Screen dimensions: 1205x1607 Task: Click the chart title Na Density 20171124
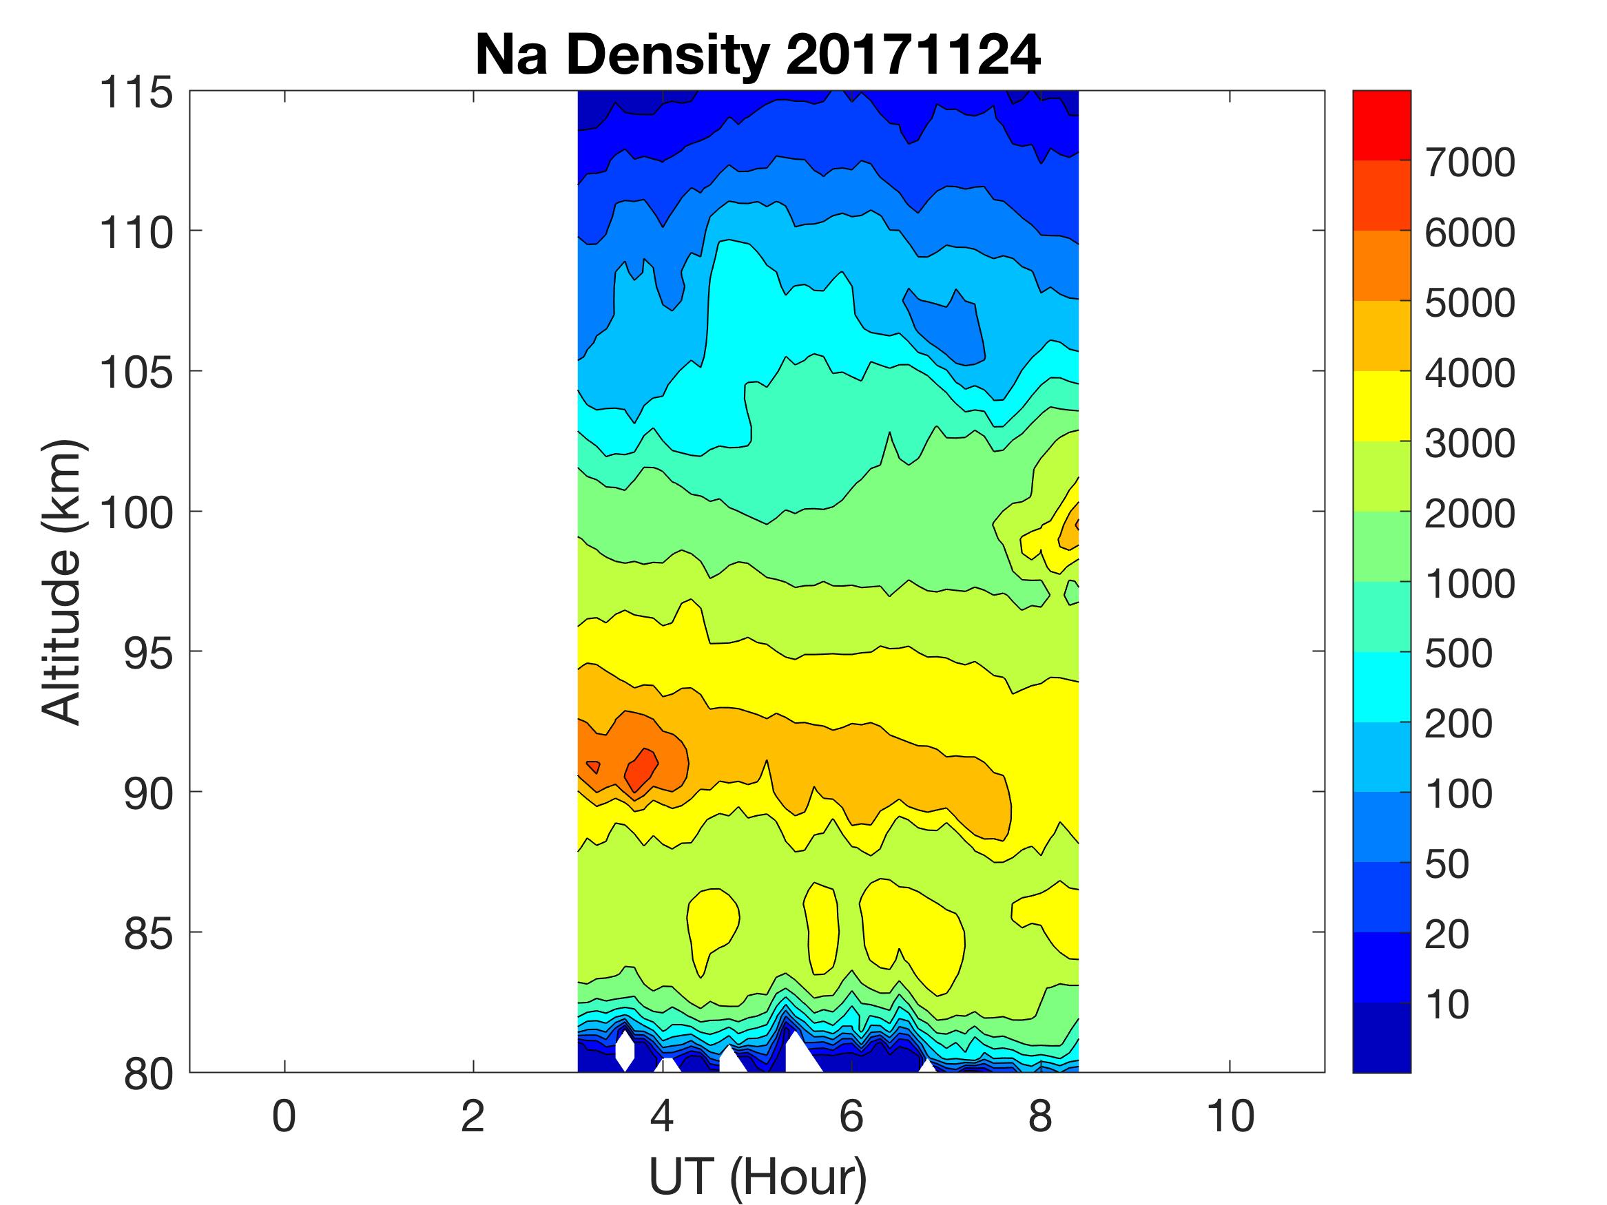coord(757,55)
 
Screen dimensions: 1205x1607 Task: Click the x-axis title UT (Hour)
coord(757,1175)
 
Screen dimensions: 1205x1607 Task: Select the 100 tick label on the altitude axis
coord(136,513)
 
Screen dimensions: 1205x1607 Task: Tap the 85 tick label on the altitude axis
coord(148,933)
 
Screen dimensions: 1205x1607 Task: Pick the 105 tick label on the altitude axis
coord(136,373)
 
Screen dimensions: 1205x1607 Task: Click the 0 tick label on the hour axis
coord(284,1116)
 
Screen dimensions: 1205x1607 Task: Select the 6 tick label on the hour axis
coord(851,1116)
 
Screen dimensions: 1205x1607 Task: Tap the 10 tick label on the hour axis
coord(1230,1116)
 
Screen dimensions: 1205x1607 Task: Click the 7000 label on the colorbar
coord(1470,163)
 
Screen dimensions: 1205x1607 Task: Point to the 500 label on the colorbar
coord(1458,653)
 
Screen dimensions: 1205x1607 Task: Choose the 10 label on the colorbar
coord(1447,1005)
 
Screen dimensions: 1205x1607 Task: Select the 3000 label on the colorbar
coord(1470,443)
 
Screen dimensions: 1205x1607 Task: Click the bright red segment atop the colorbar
coord(1381,124)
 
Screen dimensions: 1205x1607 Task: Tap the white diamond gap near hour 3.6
coord(625,1050)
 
